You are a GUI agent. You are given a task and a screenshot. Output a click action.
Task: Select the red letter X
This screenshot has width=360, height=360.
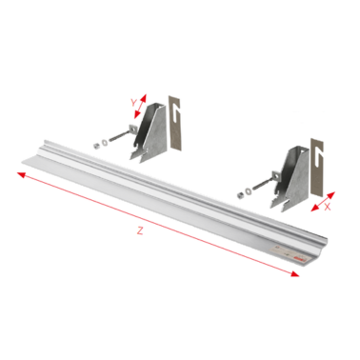327,204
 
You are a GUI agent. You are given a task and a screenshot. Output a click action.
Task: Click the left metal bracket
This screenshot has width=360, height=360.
155,137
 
